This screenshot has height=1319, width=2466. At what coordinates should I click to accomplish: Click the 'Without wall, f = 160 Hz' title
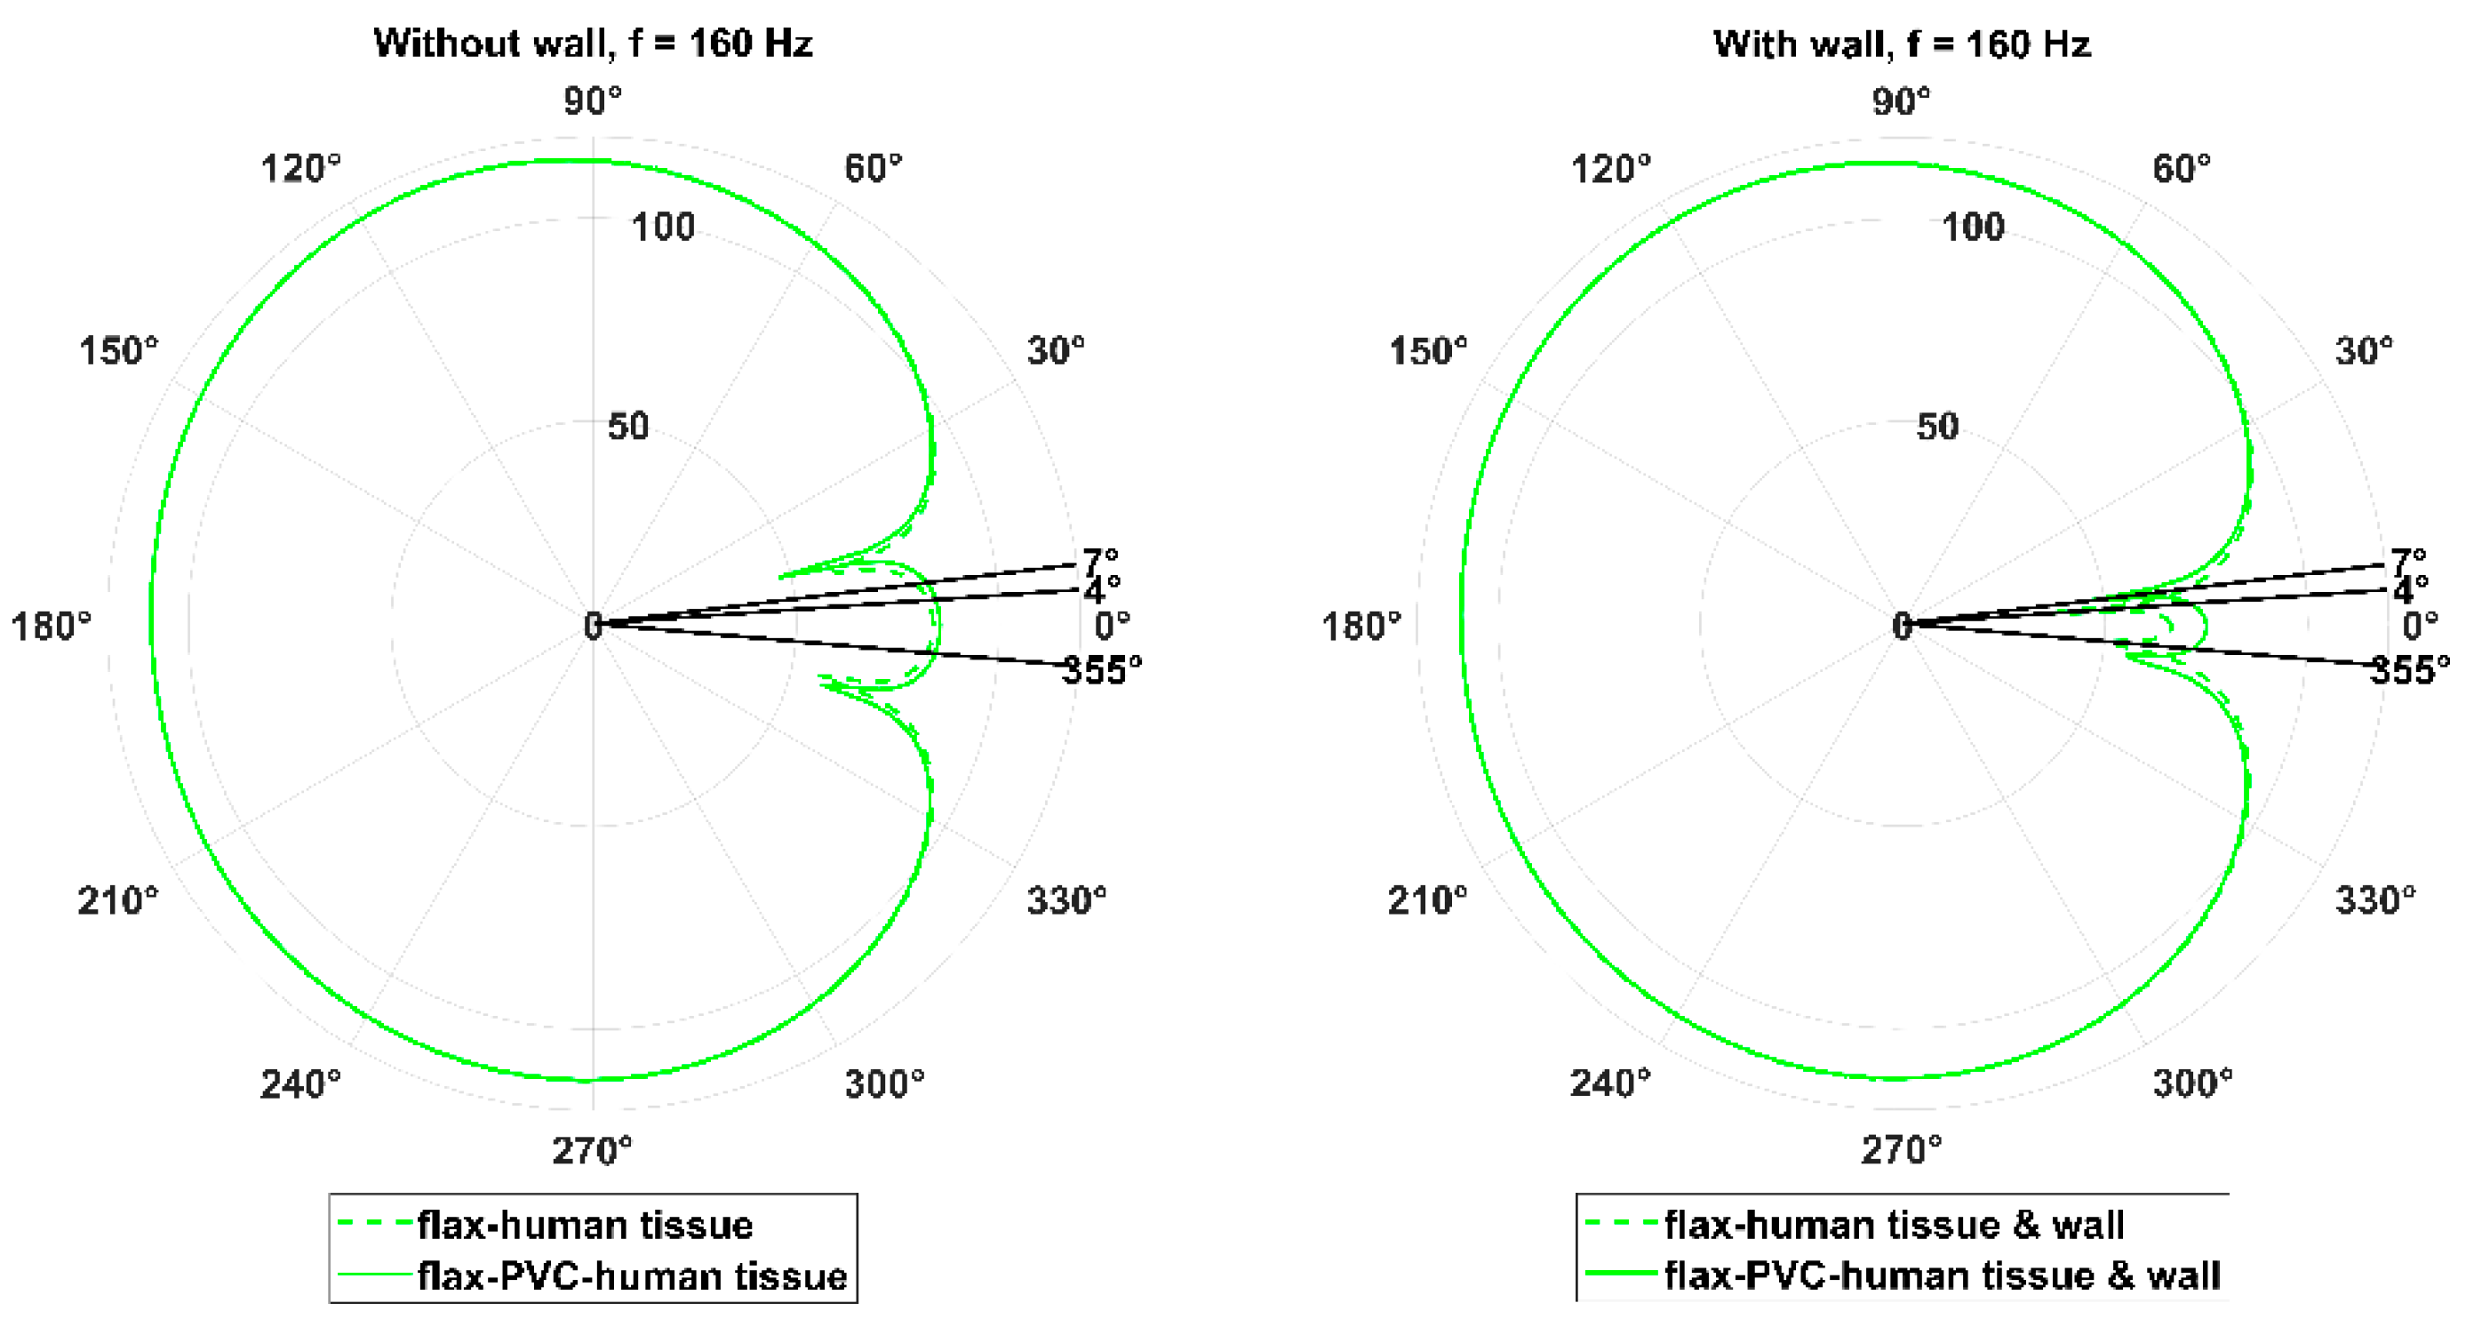click(593, 43)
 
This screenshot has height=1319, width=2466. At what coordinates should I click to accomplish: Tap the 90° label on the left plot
click(593, 100)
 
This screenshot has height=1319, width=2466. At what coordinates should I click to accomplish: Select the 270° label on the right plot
click(1901, 1148)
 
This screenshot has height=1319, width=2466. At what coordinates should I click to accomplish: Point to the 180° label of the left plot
click(51, 627)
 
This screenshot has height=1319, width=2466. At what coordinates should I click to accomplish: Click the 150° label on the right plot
click(1427, 351)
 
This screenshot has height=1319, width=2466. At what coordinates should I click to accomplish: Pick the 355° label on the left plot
click(1102, 670)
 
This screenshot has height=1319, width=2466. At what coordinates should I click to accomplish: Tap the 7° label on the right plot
click(2408, 560)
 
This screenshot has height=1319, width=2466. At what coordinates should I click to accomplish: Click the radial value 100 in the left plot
click(662, 228)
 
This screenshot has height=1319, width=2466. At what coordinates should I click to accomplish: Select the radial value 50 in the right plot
click(1937, 427)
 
